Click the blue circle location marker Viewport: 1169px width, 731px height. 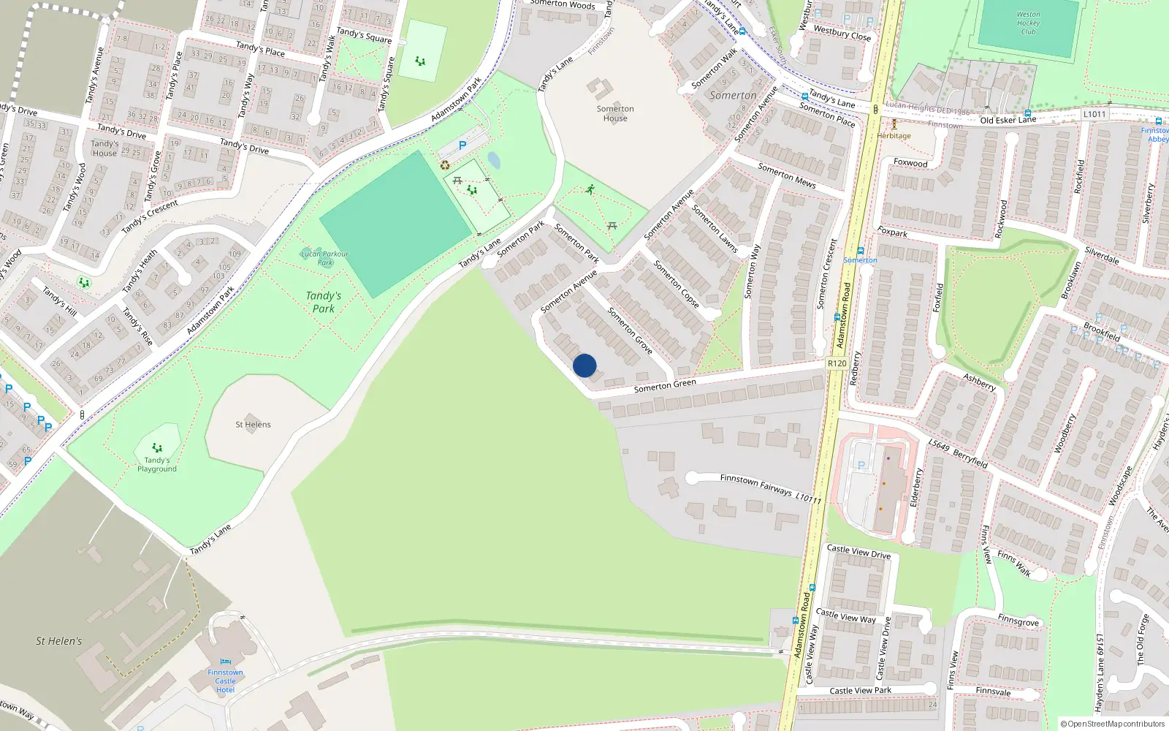click(x=584, y=365)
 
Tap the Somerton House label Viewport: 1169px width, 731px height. click(x=615, y=113)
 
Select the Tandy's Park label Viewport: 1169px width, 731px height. click(x=323, y=302)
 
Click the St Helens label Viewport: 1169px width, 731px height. click(x=253, y=424)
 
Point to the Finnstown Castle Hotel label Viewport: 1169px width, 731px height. click(x=225, y=681)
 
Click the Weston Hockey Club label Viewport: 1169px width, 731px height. click(x=1028, y=23)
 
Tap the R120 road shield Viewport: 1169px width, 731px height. click(x=837, y=363)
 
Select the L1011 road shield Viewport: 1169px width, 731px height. click(x=1094, y=114)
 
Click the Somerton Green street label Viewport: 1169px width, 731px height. click(x=665, y=385)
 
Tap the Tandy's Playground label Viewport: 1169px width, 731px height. click(x=156, y=464)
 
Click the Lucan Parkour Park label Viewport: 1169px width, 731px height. click(x=325, y=257)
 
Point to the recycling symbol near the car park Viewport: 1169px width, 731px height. click(x=445, y=165)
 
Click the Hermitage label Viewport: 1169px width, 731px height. click(x=894, y=135)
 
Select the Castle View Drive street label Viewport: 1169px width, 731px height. click(x=858, y=551)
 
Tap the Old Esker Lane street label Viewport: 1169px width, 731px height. click(x=1008, y=120)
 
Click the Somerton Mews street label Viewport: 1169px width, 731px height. click(x=786, y=175)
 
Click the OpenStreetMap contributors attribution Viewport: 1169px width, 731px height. click(x=1112, y=724)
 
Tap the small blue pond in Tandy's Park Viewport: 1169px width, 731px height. click(x=494, y=160)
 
